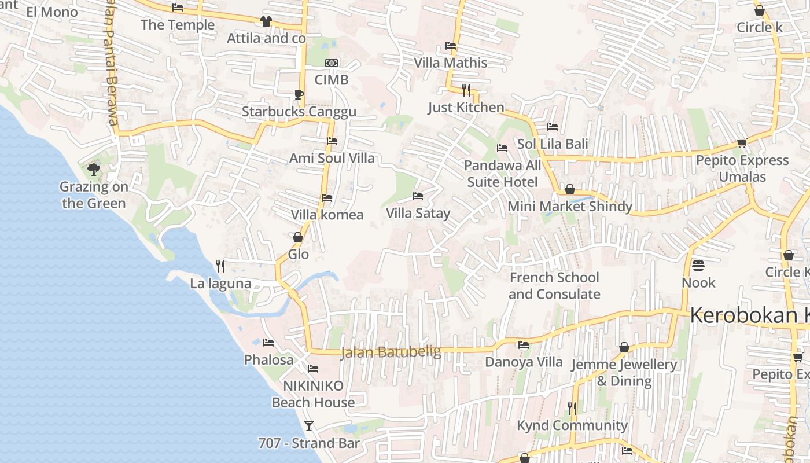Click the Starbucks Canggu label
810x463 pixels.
click(299, 112)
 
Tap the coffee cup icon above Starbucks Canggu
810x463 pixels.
click(299, 94)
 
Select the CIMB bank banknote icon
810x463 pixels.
click(332, 63)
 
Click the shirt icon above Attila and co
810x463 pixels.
click(266, 21)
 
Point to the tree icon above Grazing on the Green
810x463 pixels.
click(94, 169)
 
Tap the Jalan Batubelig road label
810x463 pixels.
click(391, 351)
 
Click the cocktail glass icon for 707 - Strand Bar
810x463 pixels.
click(309, 426)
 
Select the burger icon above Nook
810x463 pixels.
click(698, 266)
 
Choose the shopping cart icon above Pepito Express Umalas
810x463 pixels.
click(742, 143)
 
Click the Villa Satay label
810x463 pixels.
click(418, 214)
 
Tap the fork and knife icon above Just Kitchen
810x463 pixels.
click(466, 90)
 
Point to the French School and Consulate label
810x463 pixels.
click(554, 286)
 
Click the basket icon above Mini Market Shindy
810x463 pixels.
click(570, 189)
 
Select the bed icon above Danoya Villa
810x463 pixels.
click(524, 345)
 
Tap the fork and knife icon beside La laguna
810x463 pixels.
click(220, 266)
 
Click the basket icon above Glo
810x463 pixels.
click(298, 237)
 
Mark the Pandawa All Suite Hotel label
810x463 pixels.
click(502, 174)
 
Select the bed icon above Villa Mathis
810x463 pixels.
click(451, 45)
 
